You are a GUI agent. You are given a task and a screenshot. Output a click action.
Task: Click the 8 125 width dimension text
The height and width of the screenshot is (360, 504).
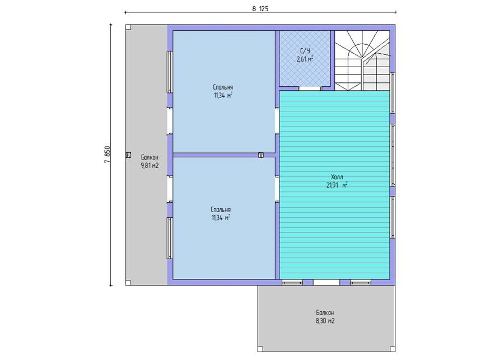pyautogui.click(x=260, y=9)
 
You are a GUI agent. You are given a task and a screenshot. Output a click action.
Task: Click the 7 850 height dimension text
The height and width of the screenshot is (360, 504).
pyautogui.click(x=108, y=155)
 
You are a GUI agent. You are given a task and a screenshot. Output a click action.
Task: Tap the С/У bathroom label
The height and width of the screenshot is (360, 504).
pyautogui.click(x=305, y=51)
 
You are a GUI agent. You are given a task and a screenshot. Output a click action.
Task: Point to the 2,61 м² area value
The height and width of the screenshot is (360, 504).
pyautogui.click(x=305, y=59)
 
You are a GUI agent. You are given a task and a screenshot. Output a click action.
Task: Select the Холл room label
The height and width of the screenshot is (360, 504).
pyautogui.click(x=337, y=177)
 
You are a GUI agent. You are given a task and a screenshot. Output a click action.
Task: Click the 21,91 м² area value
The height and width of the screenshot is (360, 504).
pyautogui.click(x=337, y=185)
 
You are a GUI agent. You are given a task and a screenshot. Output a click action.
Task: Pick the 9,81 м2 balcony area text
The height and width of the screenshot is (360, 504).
pyautogui.click(x=150, y=166)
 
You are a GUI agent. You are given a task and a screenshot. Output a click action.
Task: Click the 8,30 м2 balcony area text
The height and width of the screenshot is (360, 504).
pyautogui.click(x=325, y=321)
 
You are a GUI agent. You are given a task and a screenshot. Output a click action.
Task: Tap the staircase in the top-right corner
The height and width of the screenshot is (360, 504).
pyautogui.click(x=362, y=60)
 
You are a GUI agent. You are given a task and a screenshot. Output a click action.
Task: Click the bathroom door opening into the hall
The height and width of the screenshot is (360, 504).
pyautogui.click(x=311, y=88)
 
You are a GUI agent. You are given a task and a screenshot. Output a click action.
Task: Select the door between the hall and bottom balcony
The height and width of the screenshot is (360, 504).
pyautogui.click(x=326, y=283)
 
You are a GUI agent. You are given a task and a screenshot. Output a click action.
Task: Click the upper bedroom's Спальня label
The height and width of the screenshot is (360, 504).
pyautogui.click(x=223, y=87)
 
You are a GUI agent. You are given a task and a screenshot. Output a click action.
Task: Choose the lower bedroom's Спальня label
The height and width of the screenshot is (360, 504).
pyautogui.click(x=221, y=209)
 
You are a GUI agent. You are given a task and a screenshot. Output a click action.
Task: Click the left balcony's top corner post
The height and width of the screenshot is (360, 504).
pyautogui.click(x=128, y=27)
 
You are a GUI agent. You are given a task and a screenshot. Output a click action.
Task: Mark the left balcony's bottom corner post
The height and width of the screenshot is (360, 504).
pyautogui.click(x=128, y=283)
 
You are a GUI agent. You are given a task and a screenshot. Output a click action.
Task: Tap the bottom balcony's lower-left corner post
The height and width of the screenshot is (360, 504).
pyautogui.click(x=260, y=349)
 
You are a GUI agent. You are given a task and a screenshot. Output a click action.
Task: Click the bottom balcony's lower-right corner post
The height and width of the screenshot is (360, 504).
pyautogui.click(x=393, y=349)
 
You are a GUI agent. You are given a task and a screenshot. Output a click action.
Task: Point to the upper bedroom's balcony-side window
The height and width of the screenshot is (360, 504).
pyautogui.click(x=170, y=72)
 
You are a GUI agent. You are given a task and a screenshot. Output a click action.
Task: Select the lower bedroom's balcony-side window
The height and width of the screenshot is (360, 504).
pyautogui.click(x=170, y=238)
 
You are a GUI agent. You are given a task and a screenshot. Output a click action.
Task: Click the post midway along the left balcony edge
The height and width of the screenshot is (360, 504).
pyautogui.click(x=128, y=155)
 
